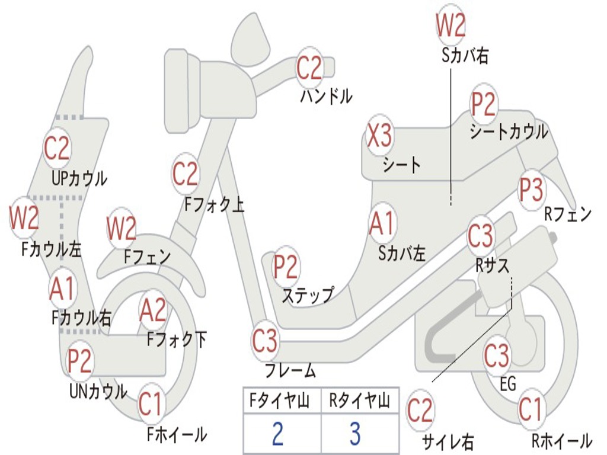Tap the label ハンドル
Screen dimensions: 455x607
[x=326, y=95]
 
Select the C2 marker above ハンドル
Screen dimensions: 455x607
[x=309, y=69]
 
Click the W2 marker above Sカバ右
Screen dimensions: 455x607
[x=451, y=25]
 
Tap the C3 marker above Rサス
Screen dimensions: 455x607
[x=480, y=236]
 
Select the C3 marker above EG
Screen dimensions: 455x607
[x=497, y=356]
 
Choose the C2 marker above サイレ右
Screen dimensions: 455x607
[x=420, y=410]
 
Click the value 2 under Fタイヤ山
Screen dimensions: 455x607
[x=277, y=434]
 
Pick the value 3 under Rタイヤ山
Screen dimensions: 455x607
[x=355, y=434]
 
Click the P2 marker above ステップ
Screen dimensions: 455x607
[x=285, y=267]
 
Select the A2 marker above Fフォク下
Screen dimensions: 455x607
[x=153, y=310]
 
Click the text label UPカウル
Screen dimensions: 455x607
[x=79, y=178]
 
